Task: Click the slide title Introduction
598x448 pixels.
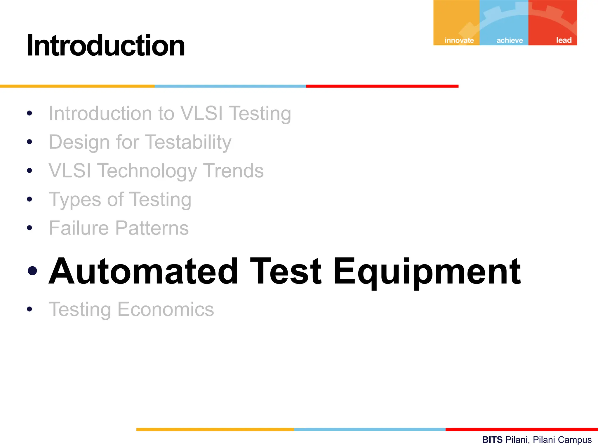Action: [x=106, y=46]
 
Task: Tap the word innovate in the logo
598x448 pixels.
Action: [x=459, y=40]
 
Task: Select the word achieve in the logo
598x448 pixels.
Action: [x=510, y=40]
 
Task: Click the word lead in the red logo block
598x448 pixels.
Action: [x=564, y=40]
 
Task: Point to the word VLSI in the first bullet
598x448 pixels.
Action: [x=201, y=113]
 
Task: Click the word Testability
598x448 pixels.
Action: [x=188, y=142]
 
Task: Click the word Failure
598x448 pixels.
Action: [x=79, y=228]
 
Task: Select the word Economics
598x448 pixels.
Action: [x=166, y=309]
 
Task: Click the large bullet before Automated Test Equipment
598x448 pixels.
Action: [x=32, y=271]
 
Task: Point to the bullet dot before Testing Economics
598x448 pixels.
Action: [x=29, y=309]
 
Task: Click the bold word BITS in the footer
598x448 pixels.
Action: [x=492, y=440]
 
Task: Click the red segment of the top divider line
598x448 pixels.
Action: [x=382, y=86]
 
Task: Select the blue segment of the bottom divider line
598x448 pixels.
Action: [x=369, y=429]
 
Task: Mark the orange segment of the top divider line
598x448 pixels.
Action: [x=77, y=86]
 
